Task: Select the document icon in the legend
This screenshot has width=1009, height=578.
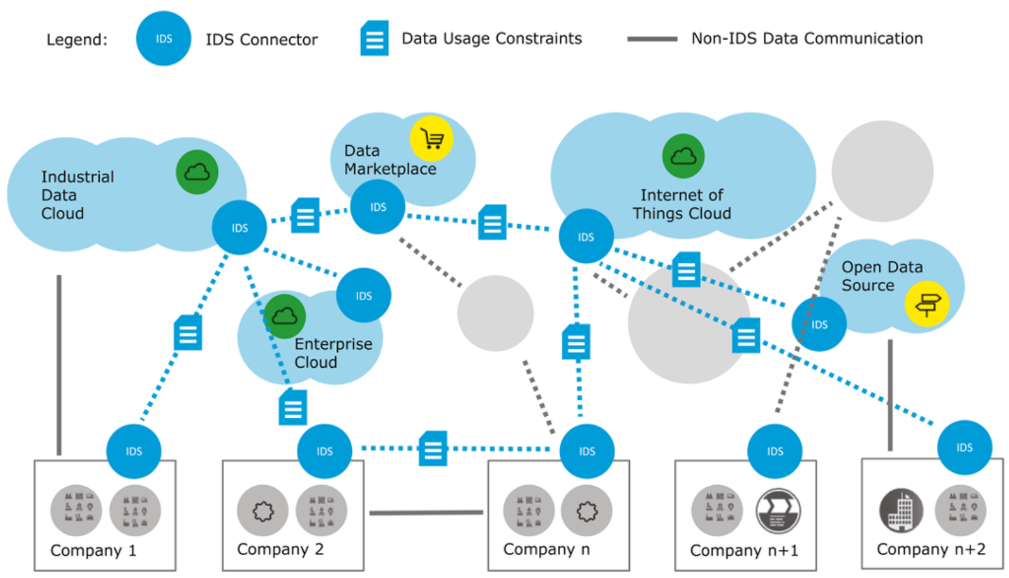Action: pyautogui.click(x=374, y=39)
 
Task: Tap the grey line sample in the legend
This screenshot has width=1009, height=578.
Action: pyautogui.click(x=652, y=38)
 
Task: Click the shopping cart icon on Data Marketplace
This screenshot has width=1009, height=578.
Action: pyautogui.click(x=432, y=139)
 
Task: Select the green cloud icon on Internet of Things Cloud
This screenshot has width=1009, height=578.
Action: pyautogui.click(x=683, y=155)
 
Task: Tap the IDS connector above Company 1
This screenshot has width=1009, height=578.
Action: pyautogui.click(x=134, y=451)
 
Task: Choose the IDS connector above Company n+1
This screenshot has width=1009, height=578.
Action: pyautogui.click(x=774, y=451)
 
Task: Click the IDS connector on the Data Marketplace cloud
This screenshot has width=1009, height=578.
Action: pyautogui.click(x=378, y=207)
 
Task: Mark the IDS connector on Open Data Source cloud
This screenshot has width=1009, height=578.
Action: pyautogui.click(x=819, y=325)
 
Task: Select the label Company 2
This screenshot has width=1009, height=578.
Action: pyautogui.click(x=281, y=548)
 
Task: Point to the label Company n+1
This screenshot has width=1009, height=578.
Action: pyautogui.click(x=744, y=550)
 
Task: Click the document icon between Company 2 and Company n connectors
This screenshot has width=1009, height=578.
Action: pyautogui.click(x=433, y=448)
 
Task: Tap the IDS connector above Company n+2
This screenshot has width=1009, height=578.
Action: pyautogui.click(x=965, y=447)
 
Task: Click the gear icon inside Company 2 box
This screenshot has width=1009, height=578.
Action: pyautogui.click(x=258, y=510)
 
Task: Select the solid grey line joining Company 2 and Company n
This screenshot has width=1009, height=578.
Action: pyautogui.click(x=426, y=513)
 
